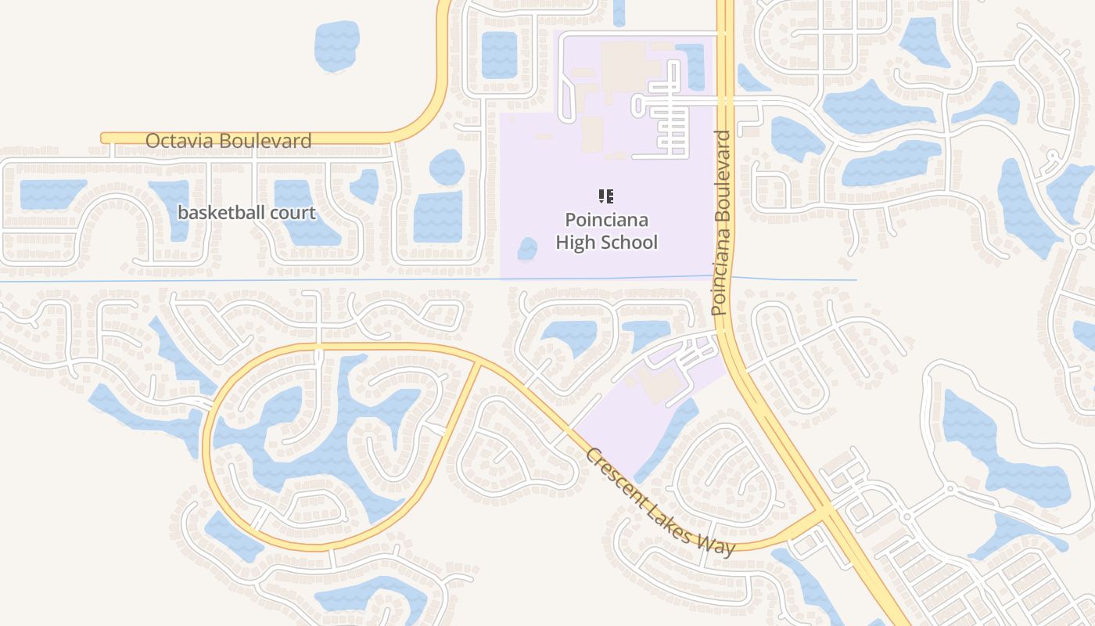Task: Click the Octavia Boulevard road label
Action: coord(228,141)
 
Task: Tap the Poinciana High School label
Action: coord(606,231)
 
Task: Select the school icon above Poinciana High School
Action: coord(606,196)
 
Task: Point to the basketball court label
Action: coord(246,213)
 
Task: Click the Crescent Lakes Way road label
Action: coord(660,502)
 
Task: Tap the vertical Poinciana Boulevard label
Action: coord(722,223)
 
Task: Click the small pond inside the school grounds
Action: coord(527,249)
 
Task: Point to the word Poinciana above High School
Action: coord(606,220)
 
